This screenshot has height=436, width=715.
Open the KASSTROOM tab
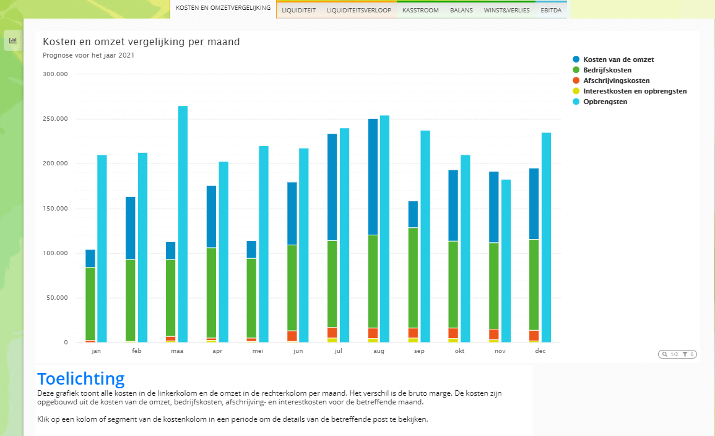(420, 11)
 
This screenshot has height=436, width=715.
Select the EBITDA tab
(551, 11)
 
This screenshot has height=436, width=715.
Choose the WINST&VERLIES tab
(506, 11)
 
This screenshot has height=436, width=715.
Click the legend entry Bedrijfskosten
(612, 70)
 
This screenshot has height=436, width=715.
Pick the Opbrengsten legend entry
(605, 102)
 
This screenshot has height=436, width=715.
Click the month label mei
(258, 351)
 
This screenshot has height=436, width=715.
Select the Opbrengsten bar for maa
(183, 223)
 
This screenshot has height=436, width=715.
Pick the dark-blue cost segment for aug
(373, 177)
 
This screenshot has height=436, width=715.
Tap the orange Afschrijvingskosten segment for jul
(332, 332)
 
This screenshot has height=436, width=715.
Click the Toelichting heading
(80, 378)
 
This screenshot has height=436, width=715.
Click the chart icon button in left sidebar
(13, 40)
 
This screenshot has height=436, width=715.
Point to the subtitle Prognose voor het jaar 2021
(89, 55)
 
